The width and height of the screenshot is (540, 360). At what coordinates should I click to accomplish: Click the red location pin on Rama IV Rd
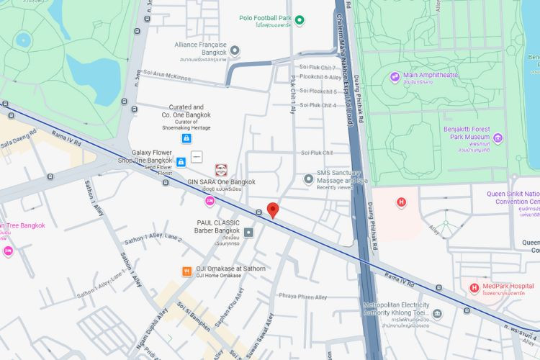click(x=273, y=210)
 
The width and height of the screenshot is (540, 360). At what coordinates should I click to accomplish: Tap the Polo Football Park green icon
click(x=300, y=19)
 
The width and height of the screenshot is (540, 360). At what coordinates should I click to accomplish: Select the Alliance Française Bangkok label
click(x=200, y=48)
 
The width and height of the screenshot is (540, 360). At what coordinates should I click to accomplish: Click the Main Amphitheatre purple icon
click(x=395, y=77)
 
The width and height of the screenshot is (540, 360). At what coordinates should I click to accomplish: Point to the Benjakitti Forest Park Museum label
click(x=467, y=139)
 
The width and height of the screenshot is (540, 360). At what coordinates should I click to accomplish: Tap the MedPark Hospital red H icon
click(x=474, y=288)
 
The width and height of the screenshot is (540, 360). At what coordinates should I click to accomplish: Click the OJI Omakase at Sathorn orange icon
click(x=186, y=271)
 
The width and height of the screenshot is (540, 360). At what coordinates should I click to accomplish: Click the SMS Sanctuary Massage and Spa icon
click(x=309, y=178)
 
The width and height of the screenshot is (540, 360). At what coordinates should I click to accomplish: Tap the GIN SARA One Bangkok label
click(x=221, y=182)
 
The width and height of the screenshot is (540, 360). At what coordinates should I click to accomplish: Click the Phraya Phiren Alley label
click(x=303, y=297)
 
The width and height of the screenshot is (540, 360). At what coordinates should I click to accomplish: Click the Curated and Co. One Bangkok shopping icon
click(x=186, y=138)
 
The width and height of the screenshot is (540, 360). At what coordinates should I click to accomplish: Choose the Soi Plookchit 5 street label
click(x=318, y=91)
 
